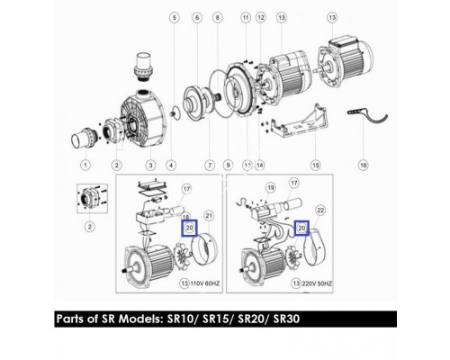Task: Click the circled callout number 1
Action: point(85,166)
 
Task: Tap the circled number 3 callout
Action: point(150,166)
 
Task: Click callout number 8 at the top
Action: point(217,18)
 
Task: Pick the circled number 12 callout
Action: point(260,18)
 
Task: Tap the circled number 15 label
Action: point(315,166)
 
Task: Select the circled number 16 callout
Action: point(363,166)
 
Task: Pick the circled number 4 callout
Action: point(172,166)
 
